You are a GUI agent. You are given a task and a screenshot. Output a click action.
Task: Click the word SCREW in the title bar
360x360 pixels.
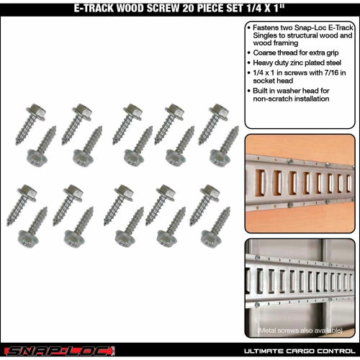tap(163, 8)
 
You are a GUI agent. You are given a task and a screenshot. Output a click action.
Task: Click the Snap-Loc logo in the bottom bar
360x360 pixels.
tap(60, 351)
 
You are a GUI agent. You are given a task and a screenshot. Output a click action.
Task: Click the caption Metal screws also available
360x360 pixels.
tap(300, 330)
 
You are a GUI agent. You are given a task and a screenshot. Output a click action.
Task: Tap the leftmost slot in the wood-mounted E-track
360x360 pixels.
tap(260, 182)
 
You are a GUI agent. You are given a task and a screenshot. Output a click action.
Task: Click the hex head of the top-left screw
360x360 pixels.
tap(37, 112)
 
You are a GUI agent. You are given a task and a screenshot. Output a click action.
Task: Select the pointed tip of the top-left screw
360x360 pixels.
tap(17, 143)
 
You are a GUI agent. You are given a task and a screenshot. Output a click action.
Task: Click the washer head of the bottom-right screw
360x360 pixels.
tap(211, 238)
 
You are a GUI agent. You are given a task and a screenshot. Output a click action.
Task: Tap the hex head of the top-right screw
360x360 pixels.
tap(220, 112)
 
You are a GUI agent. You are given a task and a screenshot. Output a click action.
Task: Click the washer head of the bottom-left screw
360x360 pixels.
tap(28, 238)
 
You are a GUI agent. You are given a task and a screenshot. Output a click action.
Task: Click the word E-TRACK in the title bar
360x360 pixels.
tap(94, 8)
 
